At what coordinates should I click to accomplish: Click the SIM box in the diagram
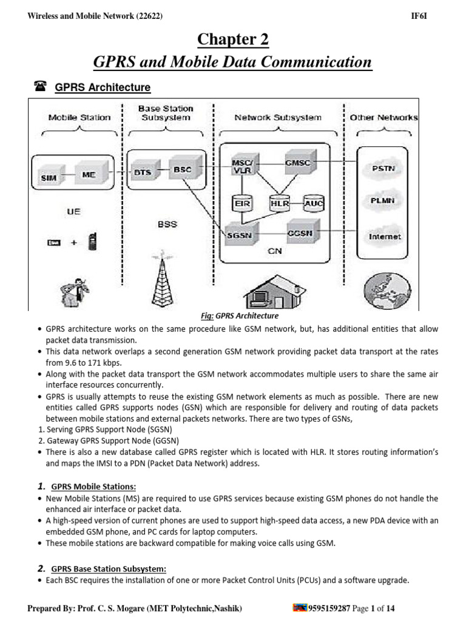[49, 177]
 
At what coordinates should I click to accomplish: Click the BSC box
[181, 169]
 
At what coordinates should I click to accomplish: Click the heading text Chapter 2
[233, 40]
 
